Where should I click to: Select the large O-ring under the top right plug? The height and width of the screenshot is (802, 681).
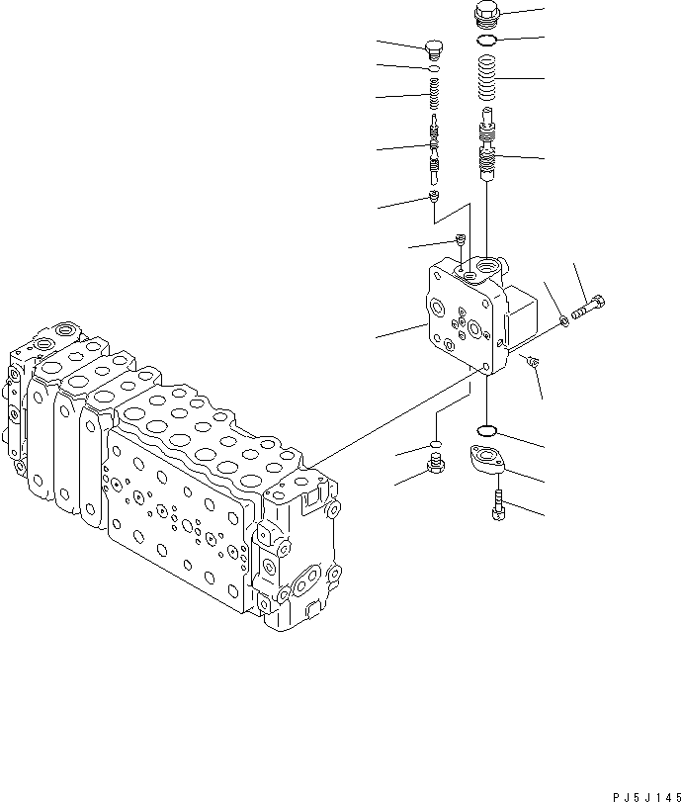click(x=487, y=41)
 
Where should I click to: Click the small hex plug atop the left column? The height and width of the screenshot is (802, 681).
click(x=433, y=48)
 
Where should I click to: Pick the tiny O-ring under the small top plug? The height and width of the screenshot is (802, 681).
click(x=433, y=69)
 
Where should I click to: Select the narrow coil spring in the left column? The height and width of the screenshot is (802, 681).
click(x=433, y=96)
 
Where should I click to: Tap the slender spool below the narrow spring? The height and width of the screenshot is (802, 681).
click(x=433, y=148)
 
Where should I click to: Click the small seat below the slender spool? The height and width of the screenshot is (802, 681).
click(x=434, y=199)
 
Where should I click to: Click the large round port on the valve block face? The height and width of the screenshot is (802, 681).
click(x=484, y=330)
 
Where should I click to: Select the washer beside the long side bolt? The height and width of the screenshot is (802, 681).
click(x=563, y=318)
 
